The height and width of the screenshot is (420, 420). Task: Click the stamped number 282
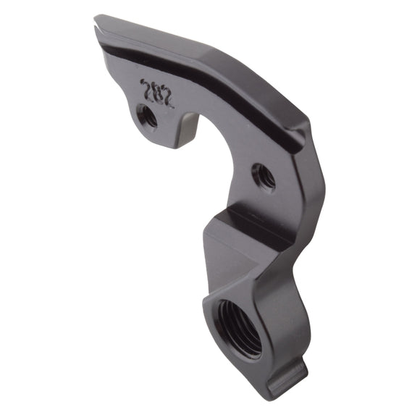(x=157, y=93)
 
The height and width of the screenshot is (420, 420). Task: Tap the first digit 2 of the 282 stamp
(x=147, y=88)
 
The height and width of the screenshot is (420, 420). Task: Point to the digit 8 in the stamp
(x=157, y=93)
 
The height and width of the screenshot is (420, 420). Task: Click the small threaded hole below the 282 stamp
(x=148, y=116)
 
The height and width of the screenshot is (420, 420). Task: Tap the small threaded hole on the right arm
(x=263, y=177)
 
